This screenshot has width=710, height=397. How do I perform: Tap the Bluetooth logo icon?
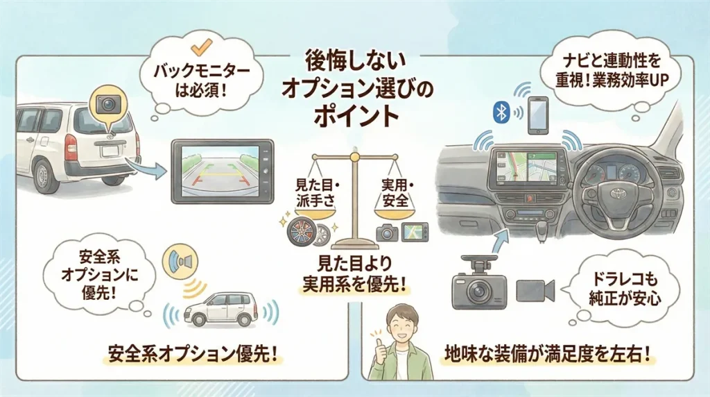point(501,111)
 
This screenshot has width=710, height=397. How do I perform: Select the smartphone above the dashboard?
point(538,115)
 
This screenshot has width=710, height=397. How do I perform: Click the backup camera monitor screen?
point(223,171)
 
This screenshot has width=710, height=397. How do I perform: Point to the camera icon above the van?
point(107,103)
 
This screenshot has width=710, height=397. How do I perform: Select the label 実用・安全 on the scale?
point(395,192)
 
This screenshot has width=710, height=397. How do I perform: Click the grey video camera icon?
point(535,291)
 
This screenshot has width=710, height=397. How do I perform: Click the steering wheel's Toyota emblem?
point(616,194)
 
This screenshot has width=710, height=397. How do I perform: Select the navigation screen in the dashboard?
point(527,168)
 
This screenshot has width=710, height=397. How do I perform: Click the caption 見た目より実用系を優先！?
point(354,274)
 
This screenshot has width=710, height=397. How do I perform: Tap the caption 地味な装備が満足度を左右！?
point(550,354)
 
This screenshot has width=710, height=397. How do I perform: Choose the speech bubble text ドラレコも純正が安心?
point(625,289)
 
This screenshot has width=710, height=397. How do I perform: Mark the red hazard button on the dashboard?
point(529,198)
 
